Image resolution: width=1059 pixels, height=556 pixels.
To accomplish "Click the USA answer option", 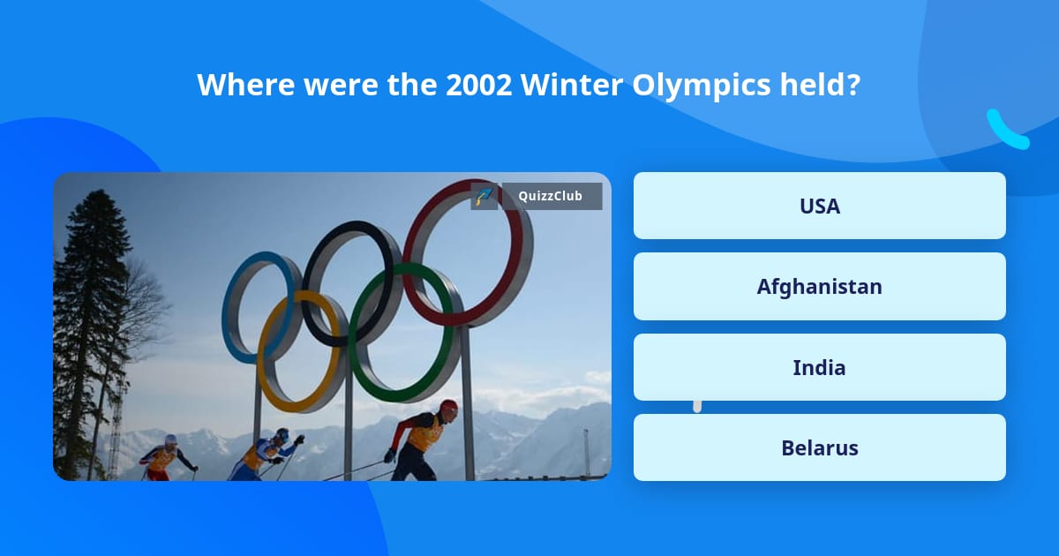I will (819, 206).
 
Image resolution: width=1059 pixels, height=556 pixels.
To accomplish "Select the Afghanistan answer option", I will (819, 287).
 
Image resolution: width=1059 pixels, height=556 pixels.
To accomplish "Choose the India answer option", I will (819, 367).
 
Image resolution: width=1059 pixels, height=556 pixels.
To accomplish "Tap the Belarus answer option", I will (819, 447).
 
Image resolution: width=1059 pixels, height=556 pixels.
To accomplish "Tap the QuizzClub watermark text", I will (552, 196).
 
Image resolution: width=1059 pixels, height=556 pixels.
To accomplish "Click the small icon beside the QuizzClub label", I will (484, 196).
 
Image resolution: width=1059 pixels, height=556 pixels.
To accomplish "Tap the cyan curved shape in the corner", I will (1005, 131).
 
